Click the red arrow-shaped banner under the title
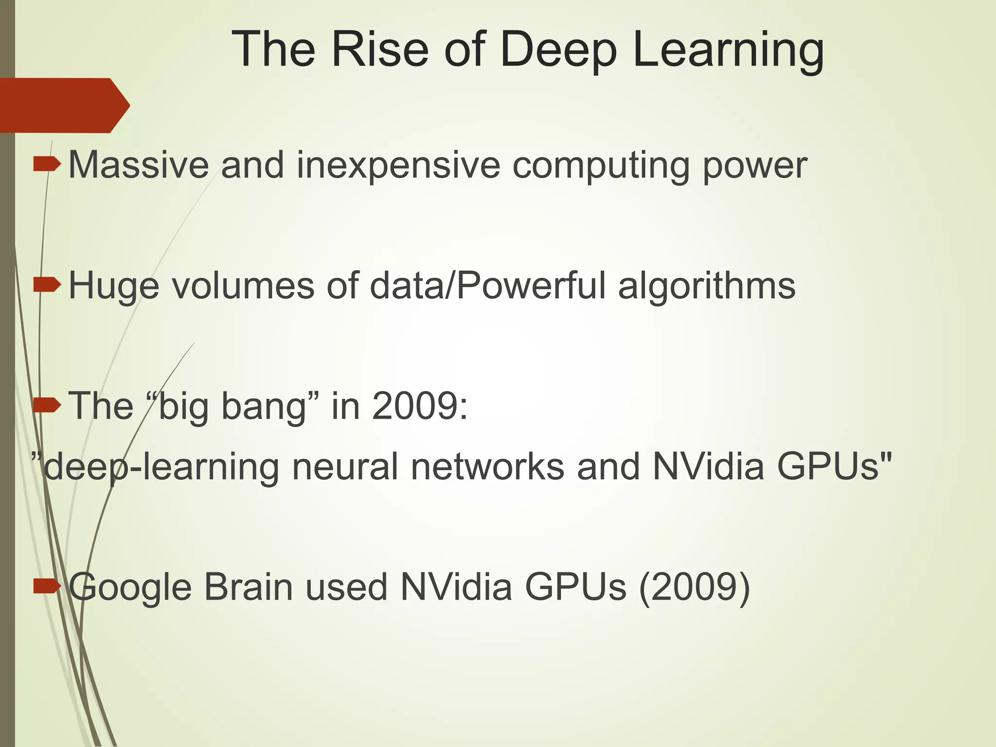[x=63, y=105]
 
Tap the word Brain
[x=249, y=587]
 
